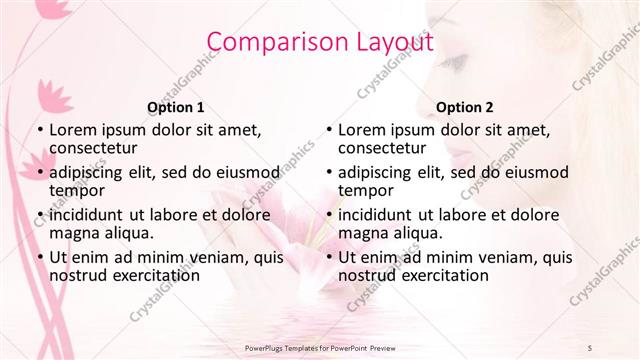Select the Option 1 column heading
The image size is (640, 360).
175,107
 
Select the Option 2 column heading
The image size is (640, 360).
465,107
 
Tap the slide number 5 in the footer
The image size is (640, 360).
590,346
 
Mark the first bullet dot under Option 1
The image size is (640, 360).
38,129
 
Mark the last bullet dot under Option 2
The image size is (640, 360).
328,257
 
